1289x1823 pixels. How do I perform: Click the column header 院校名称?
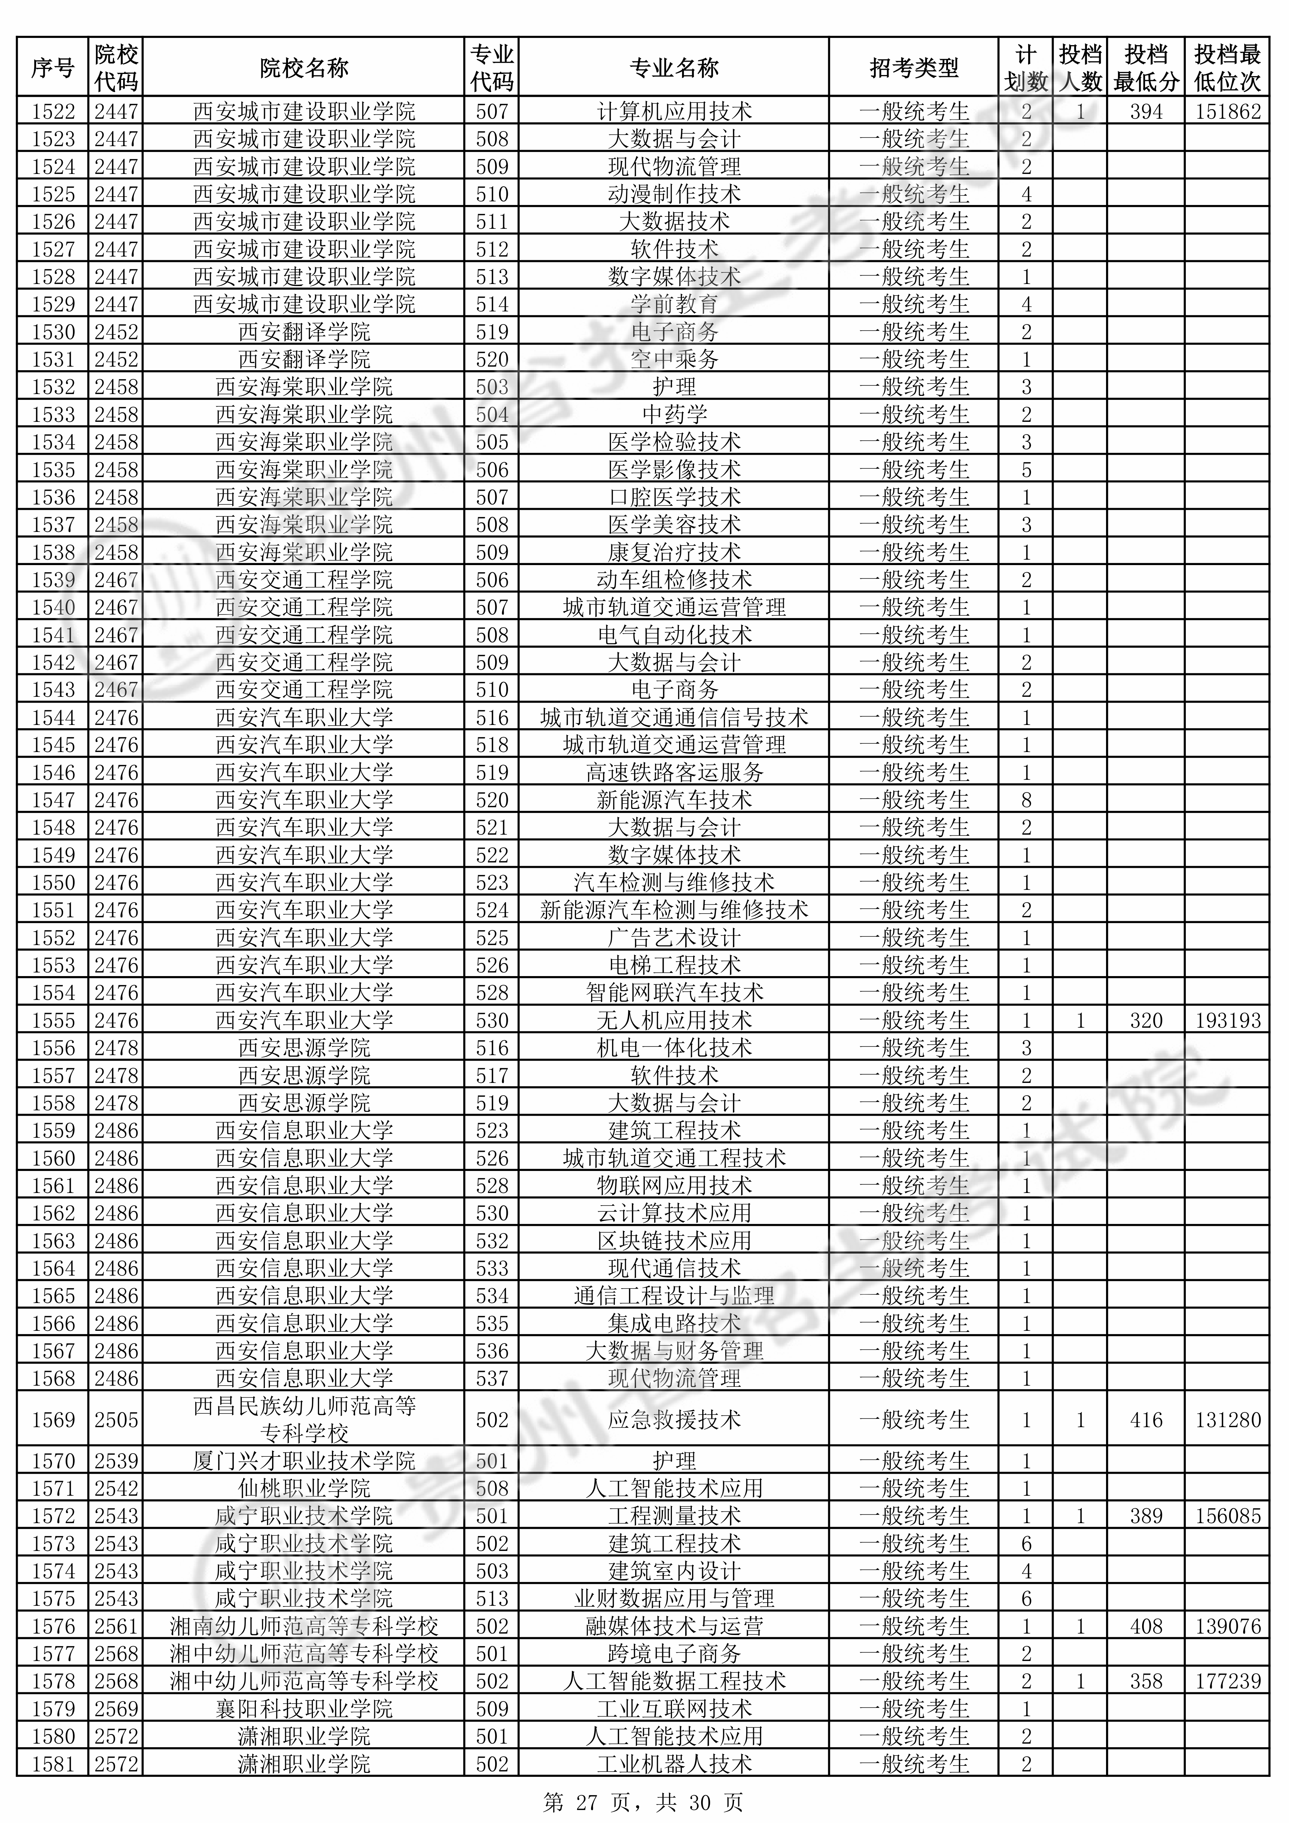pyautogui.click(x=304, y=68)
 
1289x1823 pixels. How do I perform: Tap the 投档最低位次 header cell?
pyautogui.click(x=1227, y=68)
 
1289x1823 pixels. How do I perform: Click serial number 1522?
pyautogui.click(x=53, y=111)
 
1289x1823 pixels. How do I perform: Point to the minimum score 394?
pyautogui.click(x=1146, y=111)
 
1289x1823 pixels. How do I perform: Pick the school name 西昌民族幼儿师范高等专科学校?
pyautogui.click(x=304, y=1420)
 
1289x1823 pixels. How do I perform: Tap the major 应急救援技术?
pyautogui.click(x=674, y=1420)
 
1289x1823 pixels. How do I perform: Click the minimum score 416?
pyautogui.click(x=1146, y=1420)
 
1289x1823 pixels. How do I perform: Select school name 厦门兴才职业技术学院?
pyautogui.click(x=304, y=1461)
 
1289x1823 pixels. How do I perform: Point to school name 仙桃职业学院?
pyautogui.click(x=304, y=1489)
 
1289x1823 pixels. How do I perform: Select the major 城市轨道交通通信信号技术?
pyautogui.click(x=674, y=718)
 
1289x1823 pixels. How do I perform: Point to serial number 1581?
pyautogui.click(x=53, y=1764)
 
